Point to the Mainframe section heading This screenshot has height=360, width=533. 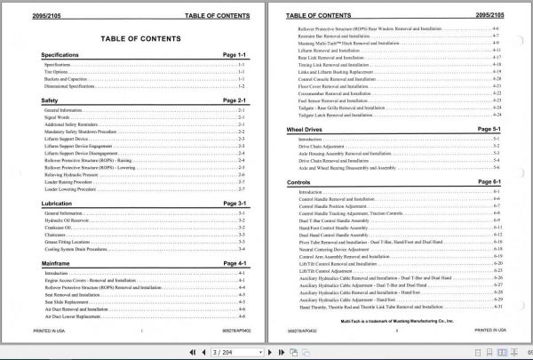tap(58, 264)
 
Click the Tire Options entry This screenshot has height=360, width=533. tap(60, 73)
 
